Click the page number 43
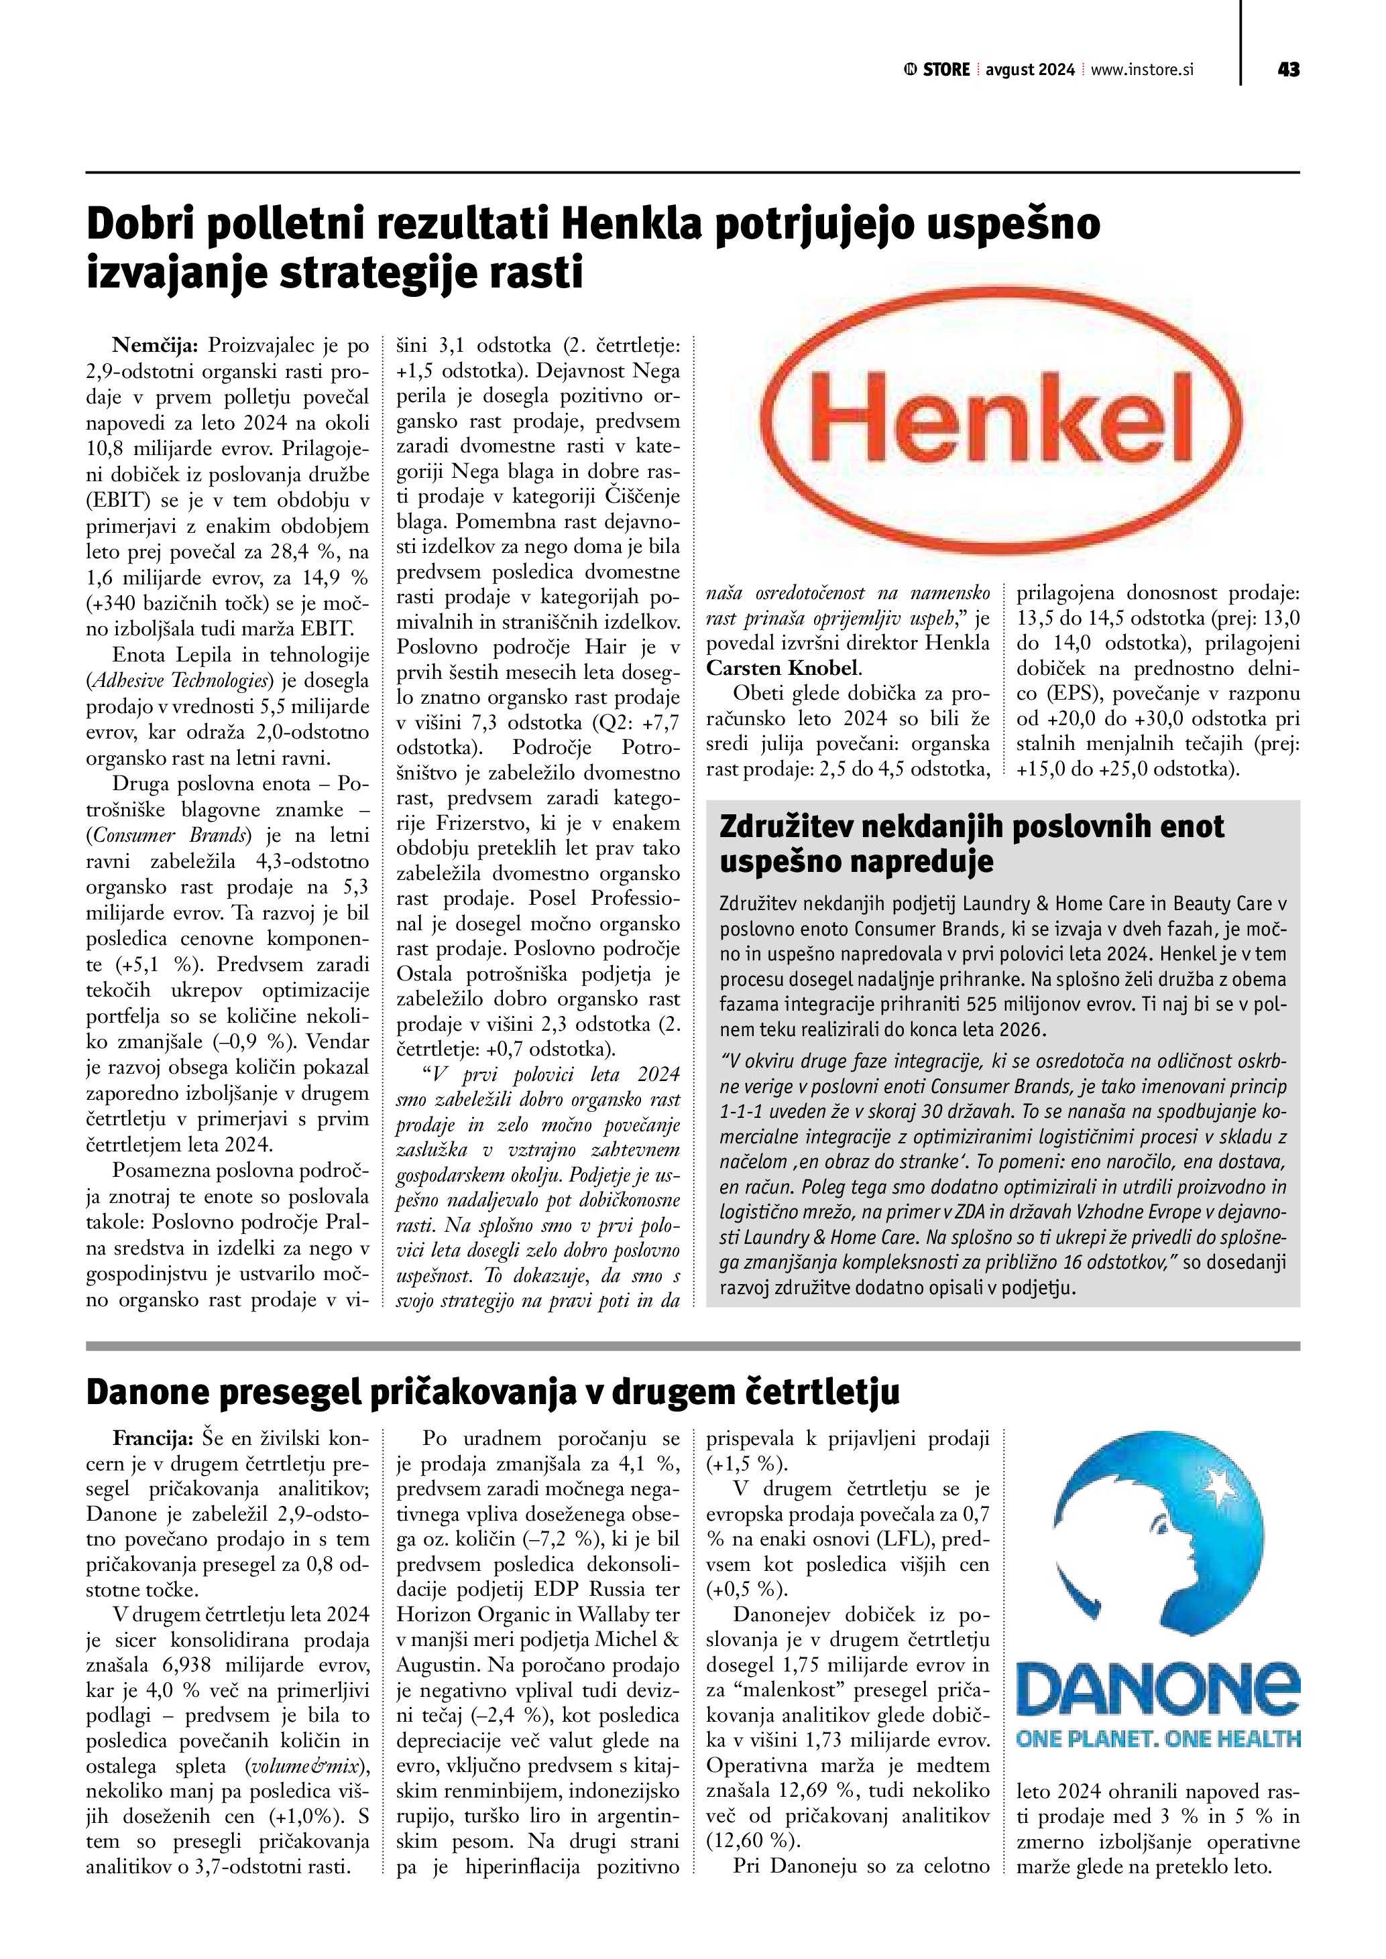point(1288,69)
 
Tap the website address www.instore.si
point(1142,70)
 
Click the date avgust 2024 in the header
point(1030,70)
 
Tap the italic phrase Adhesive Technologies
point(181,681)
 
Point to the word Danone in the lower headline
point(146,1391)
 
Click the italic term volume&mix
point(304,1766)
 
